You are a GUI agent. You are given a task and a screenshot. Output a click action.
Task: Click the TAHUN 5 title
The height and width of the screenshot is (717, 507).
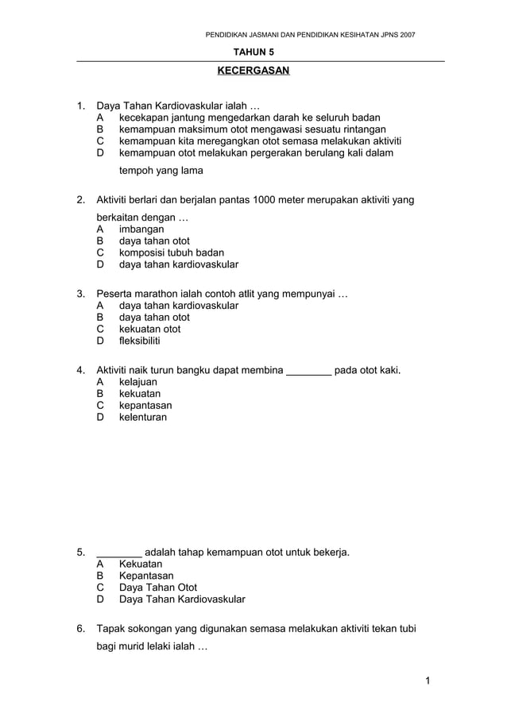[x=253, y=52]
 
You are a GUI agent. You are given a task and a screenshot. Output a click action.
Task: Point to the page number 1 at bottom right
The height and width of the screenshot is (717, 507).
[x=427, y=680]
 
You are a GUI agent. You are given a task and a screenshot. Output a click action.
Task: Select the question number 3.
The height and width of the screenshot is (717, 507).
[x=80, y=294]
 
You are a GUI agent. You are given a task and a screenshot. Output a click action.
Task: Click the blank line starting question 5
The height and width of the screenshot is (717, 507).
[x=119, y=553]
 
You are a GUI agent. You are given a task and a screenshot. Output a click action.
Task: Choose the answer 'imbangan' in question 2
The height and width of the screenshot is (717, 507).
[x=141, y=229]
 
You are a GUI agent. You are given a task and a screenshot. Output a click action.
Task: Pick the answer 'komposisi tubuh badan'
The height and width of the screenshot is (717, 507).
[x=171, y=252]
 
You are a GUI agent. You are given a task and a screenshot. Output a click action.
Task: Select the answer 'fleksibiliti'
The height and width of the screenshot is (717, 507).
[x=139, y=341]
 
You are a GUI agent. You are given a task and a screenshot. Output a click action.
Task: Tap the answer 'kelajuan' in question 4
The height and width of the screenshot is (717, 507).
[x=138, y=382]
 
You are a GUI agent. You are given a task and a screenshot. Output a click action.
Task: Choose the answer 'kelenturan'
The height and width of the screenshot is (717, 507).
[x=143, y=417]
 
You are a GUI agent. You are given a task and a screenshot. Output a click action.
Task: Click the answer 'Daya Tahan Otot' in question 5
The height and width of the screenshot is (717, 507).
[x=158, y=588]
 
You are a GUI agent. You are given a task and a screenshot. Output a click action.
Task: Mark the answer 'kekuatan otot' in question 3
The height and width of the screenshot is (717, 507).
[x=149, y=329]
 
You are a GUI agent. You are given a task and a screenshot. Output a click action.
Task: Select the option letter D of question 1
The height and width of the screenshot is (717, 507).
[x=100, y=152]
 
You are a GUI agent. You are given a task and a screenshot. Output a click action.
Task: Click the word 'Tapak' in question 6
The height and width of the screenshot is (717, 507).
[x=111, y=629]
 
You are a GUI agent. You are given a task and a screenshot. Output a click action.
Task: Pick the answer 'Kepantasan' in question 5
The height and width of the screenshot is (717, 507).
[x=146, y=576]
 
